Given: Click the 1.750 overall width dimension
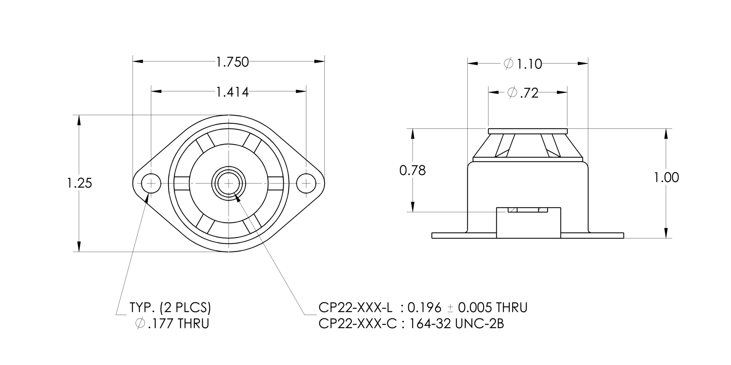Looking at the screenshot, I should [232, 62].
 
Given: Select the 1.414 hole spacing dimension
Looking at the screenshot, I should [232, 92].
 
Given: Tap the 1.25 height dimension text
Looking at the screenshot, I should [79, 183].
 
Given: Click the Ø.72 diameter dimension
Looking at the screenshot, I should [523, 93].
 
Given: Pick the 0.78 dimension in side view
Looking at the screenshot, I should [412, 170].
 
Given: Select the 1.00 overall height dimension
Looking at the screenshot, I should [666, 178].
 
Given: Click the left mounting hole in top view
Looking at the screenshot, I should [151, 183].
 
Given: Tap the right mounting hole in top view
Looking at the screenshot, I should [306, 183].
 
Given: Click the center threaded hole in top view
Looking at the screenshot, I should [228, 183].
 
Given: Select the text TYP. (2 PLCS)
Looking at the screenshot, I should [170, 308].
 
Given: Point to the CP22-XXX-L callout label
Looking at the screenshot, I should [355, 308].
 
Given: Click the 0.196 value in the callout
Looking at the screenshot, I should [424, 308].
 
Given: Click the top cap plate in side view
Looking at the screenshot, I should [528, 131].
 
